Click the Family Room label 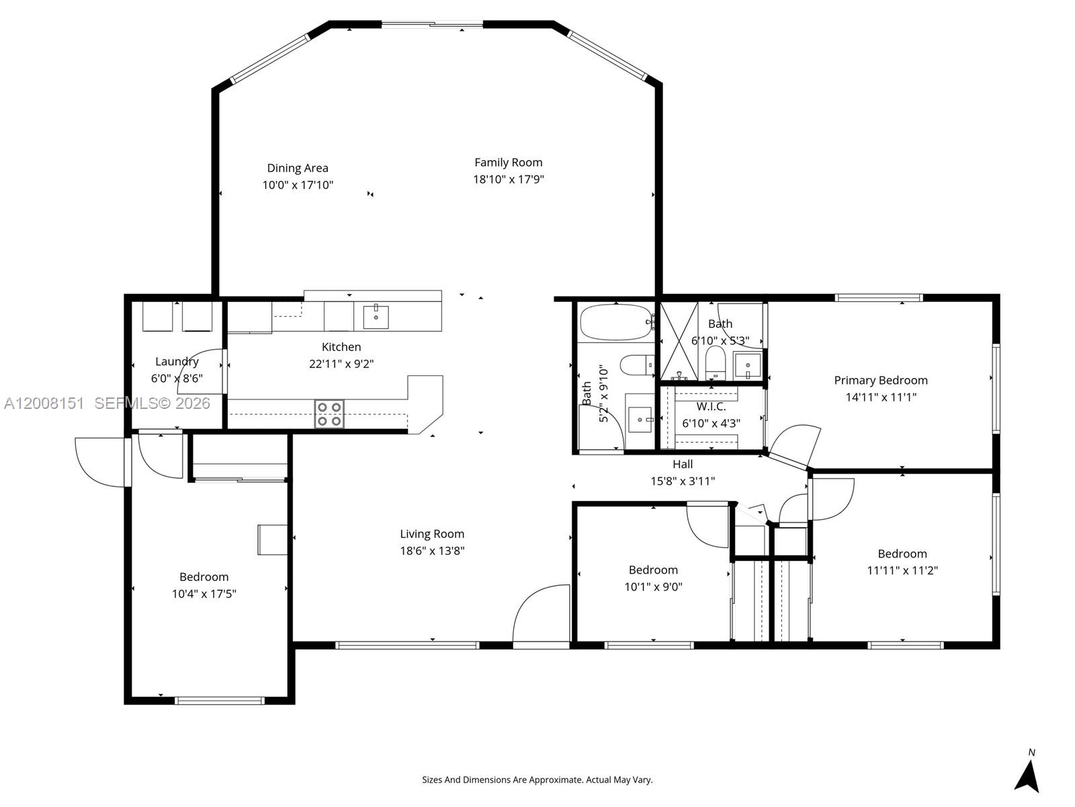(508, 162)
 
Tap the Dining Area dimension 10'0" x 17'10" (298, 185)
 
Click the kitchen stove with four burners (329, 414)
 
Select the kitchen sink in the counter (376, 317)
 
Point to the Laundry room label (177, 362)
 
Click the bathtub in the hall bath (615, 323)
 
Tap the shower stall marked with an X (679, 342)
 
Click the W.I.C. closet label (711, 407)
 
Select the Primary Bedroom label (880, 381)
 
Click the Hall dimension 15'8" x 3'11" (682, 482)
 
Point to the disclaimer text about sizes (537, 780)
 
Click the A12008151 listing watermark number (44, 403)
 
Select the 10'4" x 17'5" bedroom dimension (204, 594)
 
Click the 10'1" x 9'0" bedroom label (653, 570)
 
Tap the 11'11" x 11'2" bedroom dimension (902, 571)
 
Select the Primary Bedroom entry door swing (796, 444)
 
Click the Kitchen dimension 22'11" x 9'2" (341, 364)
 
